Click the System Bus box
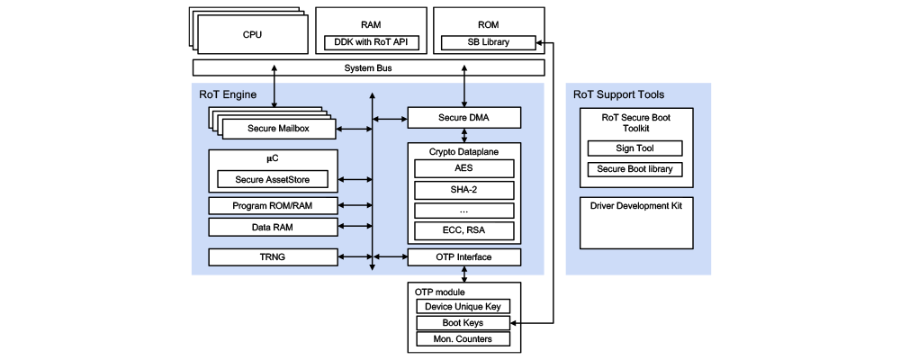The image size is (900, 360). [368, 68]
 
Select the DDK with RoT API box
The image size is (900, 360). [368, 42]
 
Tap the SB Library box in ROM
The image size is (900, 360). [489, 42]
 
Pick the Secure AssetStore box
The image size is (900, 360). [274, 179]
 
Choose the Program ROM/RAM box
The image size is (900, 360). [273, 206]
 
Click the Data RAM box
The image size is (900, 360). [273, 228]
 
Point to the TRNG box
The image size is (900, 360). [273, 257]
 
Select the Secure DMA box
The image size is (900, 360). [464, 118]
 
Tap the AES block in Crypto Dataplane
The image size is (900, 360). [464, 168]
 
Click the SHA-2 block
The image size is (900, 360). [464, 190]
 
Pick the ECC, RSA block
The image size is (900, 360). [464, 231]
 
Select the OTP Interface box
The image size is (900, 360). [464, 257]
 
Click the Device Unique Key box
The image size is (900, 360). [463, 307]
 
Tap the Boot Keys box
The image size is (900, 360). [463, 323]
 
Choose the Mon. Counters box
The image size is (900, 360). [463, 339]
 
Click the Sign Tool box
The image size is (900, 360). [634, 148]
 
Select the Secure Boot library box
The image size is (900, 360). [634, 169]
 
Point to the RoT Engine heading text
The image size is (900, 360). [228, 94]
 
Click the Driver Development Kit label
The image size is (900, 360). [635, 206]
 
